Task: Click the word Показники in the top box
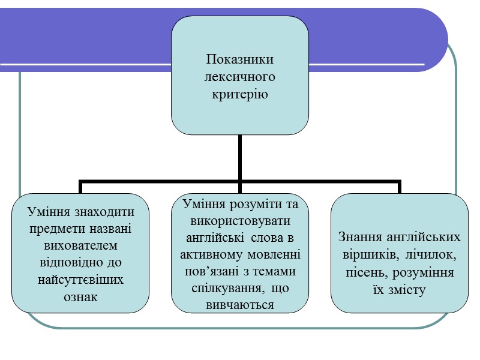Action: pyautogui.click(x=240, y=59)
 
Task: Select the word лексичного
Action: pyautogui.click(x=240, y=77)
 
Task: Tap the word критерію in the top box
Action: pyautogui.click(x=240, y=94)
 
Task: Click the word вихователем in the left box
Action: pyautogui.click(x=81, y=246)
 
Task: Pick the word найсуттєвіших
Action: pyautogui.click(x=81, y=280)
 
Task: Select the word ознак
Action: pyautogui.click(x=81, y=297)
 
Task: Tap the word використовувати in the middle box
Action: pyautogui.click(x=239, y=221)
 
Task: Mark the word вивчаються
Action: pyautogui.click(x=239, y=305)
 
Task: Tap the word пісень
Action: pyautogui.click(x=365, y=273)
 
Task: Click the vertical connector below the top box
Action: pyautogui.click(x=240, y=156)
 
